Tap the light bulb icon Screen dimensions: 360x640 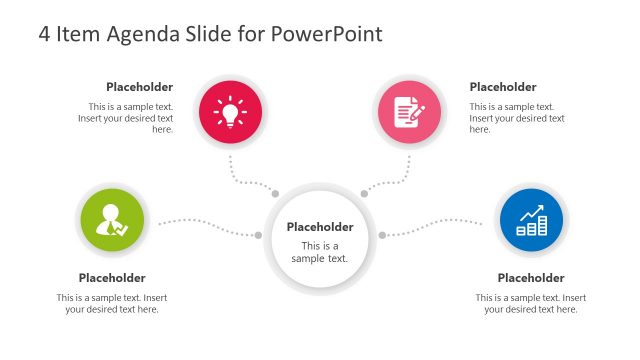231,111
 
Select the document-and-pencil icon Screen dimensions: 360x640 408,111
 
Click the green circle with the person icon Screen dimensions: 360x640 110,222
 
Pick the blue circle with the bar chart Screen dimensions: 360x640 531,222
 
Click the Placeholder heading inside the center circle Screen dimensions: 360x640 320,227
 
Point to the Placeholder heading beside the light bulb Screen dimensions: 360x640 140,87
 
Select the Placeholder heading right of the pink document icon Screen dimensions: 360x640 503,87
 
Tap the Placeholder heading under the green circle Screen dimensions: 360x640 112,278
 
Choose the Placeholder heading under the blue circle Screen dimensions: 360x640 531,278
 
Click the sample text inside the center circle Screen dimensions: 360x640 320,252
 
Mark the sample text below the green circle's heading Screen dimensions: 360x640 112,304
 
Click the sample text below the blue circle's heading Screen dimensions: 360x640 531,304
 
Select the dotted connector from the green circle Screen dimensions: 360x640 205,224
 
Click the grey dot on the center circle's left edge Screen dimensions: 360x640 259,235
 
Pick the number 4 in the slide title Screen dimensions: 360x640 45,34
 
